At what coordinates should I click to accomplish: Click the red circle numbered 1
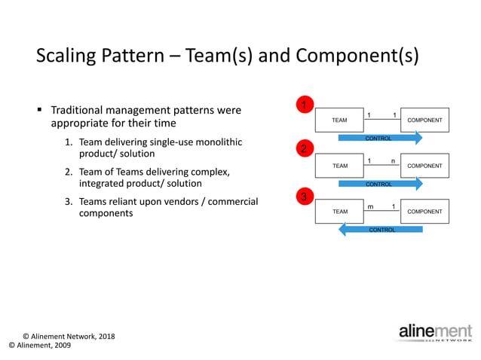304,105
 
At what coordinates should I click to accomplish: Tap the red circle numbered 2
304,149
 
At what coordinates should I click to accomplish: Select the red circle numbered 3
304,197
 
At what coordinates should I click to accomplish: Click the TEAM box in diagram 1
339,121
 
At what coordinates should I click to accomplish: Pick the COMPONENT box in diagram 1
424,121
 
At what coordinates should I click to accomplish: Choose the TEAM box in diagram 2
339,166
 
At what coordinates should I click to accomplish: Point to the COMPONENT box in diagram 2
424,166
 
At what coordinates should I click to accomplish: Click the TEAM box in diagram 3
339,212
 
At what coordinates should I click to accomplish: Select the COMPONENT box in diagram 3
424,212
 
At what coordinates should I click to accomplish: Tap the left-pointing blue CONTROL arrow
381,230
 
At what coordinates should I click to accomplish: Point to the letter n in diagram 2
393,160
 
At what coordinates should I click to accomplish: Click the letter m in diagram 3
370,206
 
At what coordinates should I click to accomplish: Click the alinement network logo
435,333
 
